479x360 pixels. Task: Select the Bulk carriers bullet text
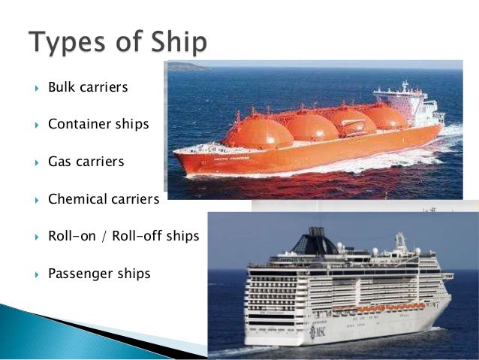point(88,88)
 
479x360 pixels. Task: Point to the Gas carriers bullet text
point(86,161)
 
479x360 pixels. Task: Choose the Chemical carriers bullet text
point(104,200)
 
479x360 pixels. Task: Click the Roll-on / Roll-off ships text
point(123,236)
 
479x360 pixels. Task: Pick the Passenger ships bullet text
point(99,274)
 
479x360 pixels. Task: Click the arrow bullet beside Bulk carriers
point(34,89)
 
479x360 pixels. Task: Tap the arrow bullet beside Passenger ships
point(34,274)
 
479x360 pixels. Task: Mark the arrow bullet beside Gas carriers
point(34,162)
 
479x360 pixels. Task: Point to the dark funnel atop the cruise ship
point(314,243)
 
